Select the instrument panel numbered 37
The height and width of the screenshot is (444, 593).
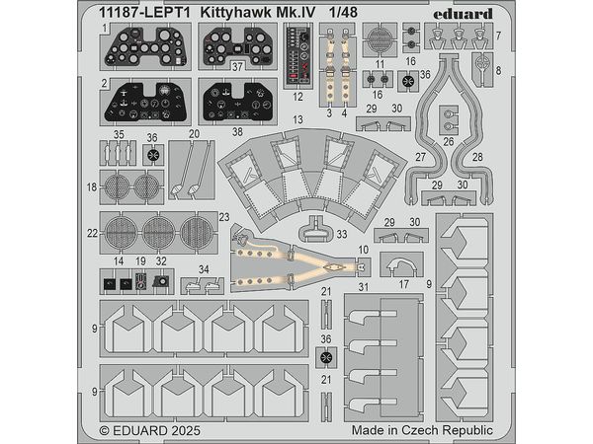(238, 43)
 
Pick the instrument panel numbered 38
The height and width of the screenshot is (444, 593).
(238, 101)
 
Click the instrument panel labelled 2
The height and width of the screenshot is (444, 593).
(145, 102)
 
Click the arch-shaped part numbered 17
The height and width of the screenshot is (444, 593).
(403, 265)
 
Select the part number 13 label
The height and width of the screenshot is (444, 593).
(296, 119)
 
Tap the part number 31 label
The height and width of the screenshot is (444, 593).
(363, 287)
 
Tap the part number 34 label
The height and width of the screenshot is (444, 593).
(203, 267)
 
